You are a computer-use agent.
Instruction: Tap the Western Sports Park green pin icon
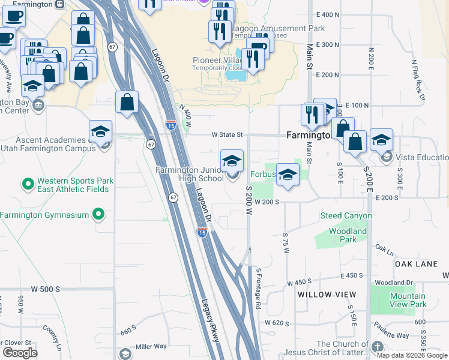pyautogui.click(x=28, y=183)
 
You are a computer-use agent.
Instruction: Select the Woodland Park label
pyautogui.click(x=348, y=235)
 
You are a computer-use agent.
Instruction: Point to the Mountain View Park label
pyautogui.click(x=408, y=300)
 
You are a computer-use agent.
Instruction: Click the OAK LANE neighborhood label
pyautogui.click(x=416, y=264)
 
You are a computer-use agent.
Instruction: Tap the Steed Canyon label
pyautogui.click(x=346, y=215)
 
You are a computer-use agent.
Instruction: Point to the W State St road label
pyautogui.click(x=226, y=135)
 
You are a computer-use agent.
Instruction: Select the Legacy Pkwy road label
pyautogui.click(x=211, y=321)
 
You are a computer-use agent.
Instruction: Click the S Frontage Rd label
pyautogui.click(x=259, y=289)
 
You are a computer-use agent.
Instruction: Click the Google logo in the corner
pyautogui.click(x=20, y=353)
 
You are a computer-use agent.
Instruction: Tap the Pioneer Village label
pyautogui.click(x=217, y=60)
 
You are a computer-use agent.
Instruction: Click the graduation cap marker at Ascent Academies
pyautogui.click(x=101, y=132)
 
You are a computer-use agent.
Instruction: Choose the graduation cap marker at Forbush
pyautogui.click(x=288, y=175)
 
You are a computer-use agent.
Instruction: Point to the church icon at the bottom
pyautogui.click(x=377, y=347)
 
